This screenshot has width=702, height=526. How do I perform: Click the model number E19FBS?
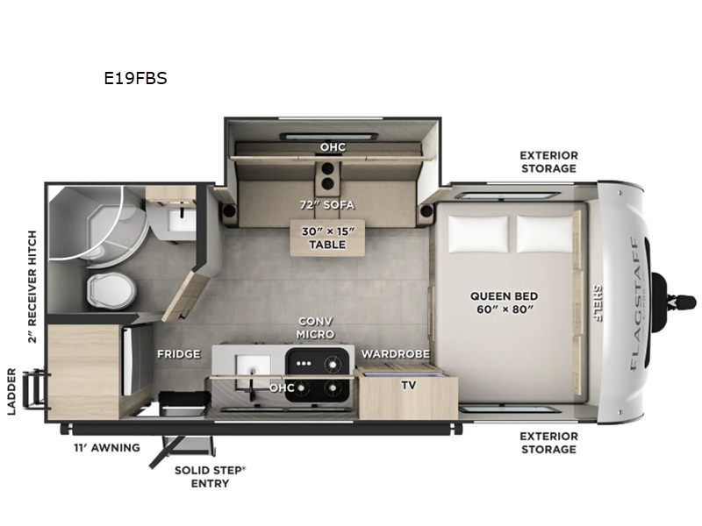135,77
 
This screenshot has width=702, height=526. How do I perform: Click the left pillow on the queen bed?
478,232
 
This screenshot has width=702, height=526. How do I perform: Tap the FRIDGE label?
179,354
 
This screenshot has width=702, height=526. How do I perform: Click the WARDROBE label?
393,354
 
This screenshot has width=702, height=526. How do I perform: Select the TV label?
409,384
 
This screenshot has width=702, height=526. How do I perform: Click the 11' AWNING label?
106,448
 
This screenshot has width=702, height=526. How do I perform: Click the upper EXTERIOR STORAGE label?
548,161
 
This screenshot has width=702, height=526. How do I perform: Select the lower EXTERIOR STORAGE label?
548,443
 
